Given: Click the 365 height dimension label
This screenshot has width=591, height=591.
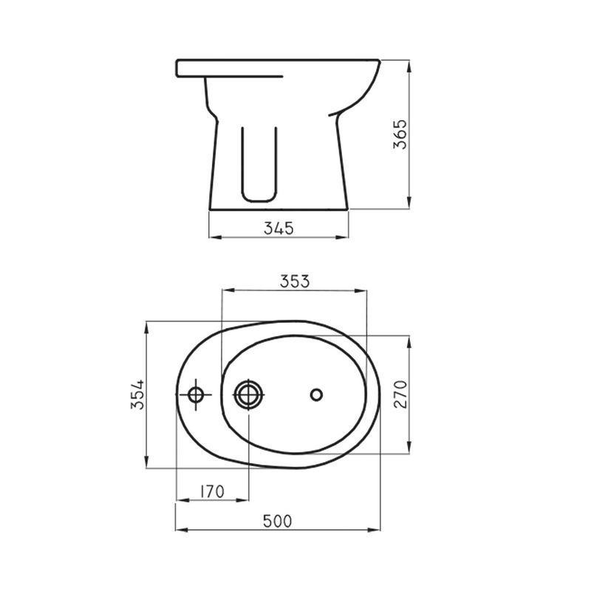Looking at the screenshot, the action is point(400,134).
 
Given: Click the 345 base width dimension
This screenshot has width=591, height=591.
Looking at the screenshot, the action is point(279,228).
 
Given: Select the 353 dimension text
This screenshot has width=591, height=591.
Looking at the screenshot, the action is point(294,281).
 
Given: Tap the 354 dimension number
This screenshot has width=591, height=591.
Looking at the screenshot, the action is point(137,394).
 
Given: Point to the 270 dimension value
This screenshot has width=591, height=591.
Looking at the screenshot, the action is point(400,394).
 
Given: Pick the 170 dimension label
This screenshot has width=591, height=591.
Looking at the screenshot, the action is point(211,491).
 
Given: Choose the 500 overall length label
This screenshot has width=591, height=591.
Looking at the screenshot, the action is point(278,522).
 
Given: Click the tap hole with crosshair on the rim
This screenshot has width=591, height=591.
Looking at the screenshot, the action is point(196,395).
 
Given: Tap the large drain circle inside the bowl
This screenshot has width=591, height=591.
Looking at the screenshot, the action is point(248,394).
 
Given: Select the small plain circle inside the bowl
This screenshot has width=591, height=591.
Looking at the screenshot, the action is point(316,394).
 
